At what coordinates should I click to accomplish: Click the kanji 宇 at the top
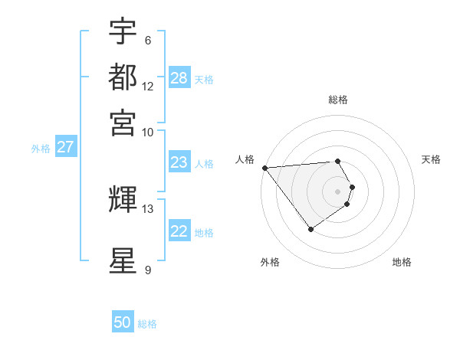(x=123, y=31)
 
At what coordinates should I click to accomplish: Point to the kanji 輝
(x=123, y=199)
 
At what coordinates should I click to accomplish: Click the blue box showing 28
(x=179, y=78)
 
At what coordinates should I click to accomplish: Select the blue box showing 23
(x=179, y=162)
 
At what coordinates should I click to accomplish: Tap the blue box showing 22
(x=179, y=231)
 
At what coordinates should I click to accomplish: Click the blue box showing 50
(x=123, y=322)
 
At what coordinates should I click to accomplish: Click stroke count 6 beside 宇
(x=148, y=41)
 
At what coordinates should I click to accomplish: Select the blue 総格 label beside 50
(x=147, y=324)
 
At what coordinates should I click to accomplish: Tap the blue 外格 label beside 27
(x=41, y=149)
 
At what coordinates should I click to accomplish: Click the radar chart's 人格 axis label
(x=245, y=159)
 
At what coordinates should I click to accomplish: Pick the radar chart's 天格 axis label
(x=431, y=159)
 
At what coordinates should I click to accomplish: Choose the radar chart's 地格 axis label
(x=402, y=262)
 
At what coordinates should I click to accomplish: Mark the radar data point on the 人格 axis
(x=264, y=168)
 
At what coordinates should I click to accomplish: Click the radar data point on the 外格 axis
(x=310, y=229)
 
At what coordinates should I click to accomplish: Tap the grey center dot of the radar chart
(x=337, y=191)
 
